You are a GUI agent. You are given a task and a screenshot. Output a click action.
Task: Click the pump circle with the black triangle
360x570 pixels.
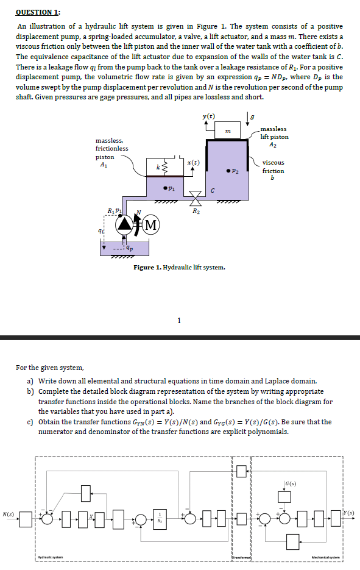coord(125,225)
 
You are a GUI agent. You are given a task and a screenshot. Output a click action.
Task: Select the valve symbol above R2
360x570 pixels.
coord(195,198)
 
